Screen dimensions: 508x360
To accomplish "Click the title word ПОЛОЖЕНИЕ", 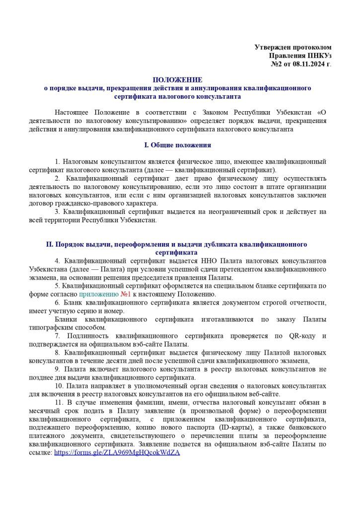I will [x=178, y=79].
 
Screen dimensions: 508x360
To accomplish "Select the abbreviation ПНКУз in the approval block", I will [x=318, y=56].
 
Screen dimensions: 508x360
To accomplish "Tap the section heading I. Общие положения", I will [x=177, y=145].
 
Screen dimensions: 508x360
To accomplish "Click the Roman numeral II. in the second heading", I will [x=49, y=245].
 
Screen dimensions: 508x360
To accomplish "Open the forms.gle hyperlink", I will [x=117, y=453].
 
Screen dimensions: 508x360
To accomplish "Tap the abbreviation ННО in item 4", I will [x=216, y=260].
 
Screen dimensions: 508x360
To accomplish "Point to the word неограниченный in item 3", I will [x=238, y=212].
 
